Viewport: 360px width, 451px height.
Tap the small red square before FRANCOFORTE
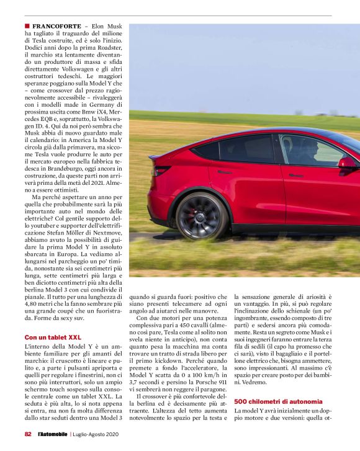coord(27,27)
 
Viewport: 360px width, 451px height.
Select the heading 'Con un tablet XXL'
coord(53,337)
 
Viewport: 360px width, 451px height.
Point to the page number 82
coord(29,434)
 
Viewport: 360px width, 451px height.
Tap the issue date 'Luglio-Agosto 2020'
coord(97,434)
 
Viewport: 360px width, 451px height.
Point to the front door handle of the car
coord(296,175)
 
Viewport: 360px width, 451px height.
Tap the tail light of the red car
coord(161,169)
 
